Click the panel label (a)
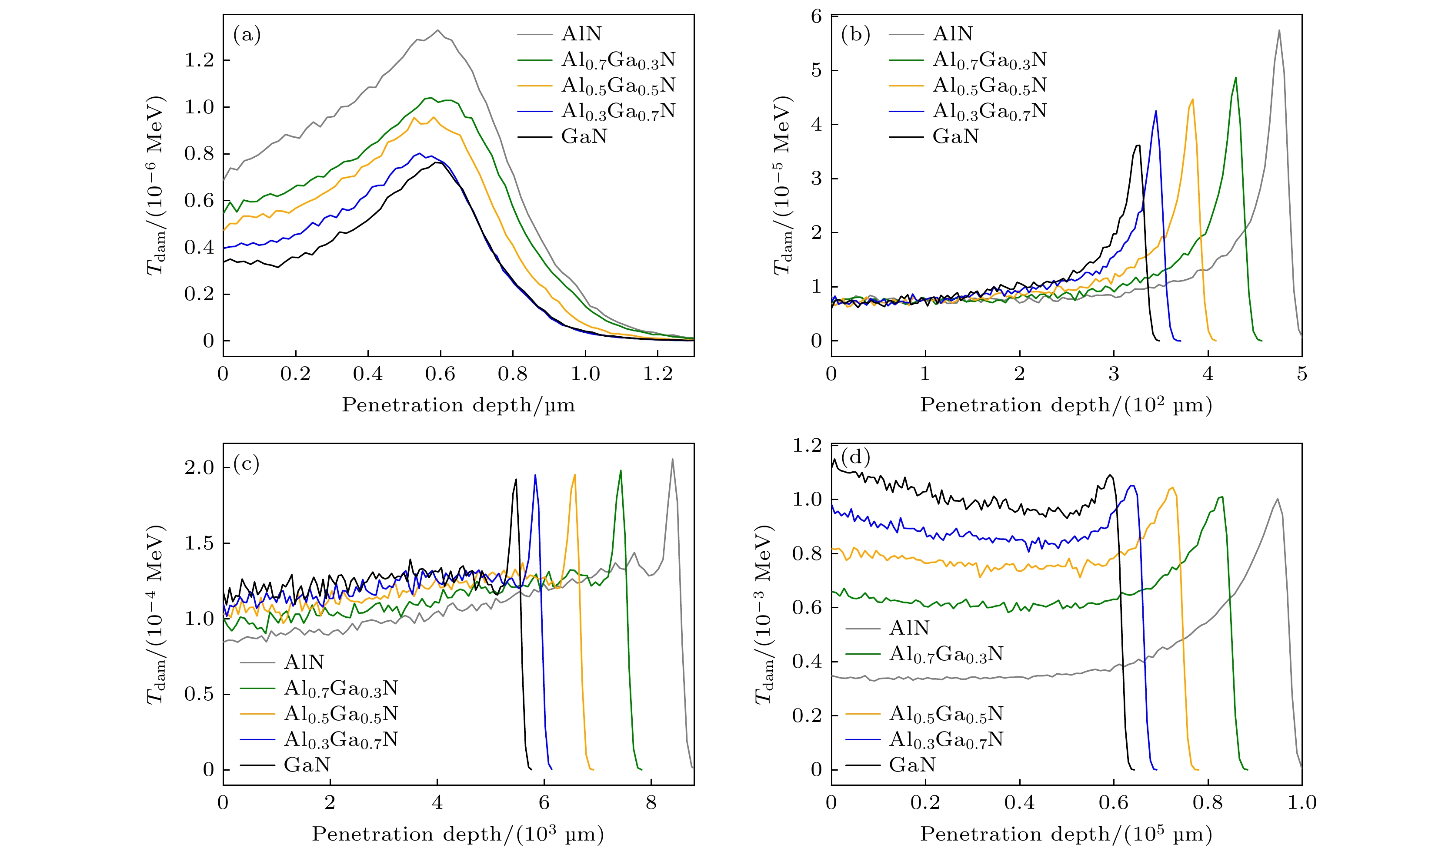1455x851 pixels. pos(247,35)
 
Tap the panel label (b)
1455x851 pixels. pos(855,35)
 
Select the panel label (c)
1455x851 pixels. pos(247,464)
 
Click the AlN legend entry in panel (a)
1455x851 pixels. pos(581,34)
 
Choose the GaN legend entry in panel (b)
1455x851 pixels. pos(955,136)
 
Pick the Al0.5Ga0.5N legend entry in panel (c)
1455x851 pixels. pos(340,714)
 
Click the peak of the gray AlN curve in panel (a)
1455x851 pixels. pos(437,30)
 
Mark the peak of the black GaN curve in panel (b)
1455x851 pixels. pos(1138,146)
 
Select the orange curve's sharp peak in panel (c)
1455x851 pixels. pos(574,475)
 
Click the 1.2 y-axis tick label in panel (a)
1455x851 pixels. pos(199,60)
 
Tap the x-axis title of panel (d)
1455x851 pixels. pos(1066,834)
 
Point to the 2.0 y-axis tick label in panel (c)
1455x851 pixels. pos(199,468)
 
